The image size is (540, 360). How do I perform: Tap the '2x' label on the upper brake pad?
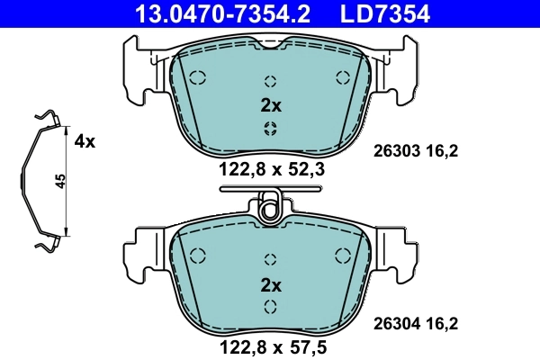pyautogui.click(x=271, y=105)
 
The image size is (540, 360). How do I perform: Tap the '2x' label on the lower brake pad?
pyautogui.click(x=271, y=285)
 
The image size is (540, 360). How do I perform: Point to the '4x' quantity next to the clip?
pyautogui.click(x=85, y=141)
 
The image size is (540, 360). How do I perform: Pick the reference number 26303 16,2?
pyautogui.click(x=416, y=152)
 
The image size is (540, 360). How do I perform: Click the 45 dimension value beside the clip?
pyautogui.click(x=59, y=181)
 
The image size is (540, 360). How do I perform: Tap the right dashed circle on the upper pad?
pyautogui.click(x=341, y=76)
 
